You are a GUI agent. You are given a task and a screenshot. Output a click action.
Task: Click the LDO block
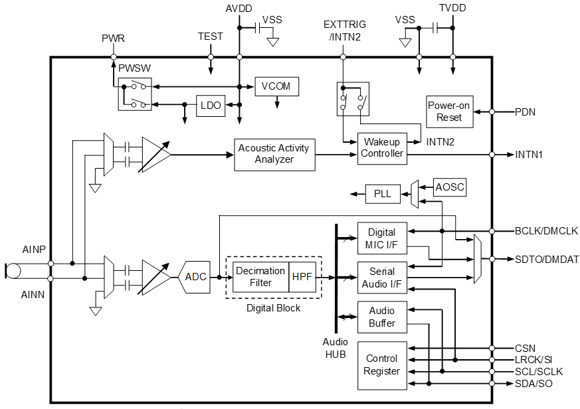pos(211,105)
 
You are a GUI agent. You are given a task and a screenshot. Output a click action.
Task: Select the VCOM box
pos(277,86)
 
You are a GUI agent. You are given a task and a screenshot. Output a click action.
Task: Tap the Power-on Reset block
pos(449,112)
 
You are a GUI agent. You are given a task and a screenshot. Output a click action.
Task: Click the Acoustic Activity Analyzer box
pos(274,154)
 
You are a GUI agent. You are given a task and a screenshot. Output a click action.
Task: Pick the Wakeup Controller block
pos(381,147)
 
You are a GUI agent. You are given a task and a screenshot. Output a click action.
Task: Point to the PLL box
pos(382,194)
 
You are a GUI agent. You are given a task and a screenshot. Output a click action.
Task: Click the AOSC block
pos(450,188)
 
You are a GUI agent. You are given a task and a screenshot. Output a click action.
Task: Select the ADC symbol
pos(195,277)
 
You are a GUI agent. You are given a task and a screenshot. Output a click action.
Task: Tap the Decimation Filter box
pos(260,277)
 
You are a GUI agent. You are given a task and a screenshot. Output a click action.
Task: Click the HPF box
pos(302,277)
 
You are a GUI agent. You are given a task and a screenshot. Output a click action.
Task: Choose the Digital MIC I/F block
pos(381,238)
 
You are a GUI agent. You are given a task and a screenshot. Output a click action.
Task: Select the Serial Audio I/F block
pos(381,278)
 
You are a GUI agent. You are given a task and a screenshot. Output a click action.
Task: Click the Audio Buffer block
pos(381,317)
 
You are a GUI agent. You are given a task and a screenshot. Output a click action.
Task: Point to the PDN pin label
pos(526,112)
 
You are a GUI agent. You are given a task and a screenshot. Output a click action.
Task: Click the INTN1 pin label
pos(530,155)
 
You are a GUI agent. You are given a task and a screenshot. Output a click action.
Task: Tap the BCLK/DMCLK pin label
pos(546,231)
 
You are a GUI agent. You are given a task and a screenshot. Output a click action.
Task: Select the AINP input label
pos(33,250)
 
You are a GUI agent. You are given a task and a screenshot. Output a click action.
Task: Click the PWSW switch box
pos(134,94)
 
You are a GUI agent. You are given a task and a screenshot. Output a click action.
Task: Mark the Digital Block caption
pos(273,308)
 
